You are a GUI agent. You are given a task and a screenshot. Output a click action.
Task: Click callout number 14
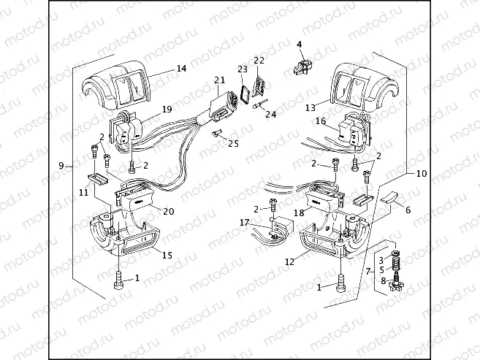pyautogui.click(x=181, y=69)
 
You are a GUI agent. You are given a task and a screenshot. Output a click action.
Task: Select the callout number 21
pyautogui.click(x=220, y=80)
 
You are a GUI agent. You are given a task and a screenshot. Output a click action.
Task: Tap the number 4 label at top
pyautogui.click(x=299, y=45)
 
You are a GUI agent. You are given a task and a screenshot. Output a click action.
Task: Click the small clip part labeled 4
pyautogui.click(x=302, y=66)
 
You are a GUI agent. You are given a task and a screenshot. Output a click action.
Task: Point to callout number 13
pyautogui.click(x=311, y=107)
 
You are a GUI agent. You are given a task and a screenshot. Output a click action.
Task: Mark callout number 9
pyautogui.click(x=62, y=166)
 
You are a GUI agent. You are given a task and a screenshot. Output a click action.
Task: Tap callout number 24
pyautogui.click(x=271, y=115)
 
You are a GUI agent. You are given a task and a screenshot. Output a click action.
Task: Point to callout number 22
pyautogui.click(x=259, y=60)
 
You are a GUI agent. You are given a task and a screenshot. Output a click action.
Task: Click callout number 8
pyautogui.click(x=382, y=280)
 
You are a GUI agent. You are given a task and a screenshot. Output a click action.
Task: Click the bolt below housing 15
pyautogui.click(x=117, y=280)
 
